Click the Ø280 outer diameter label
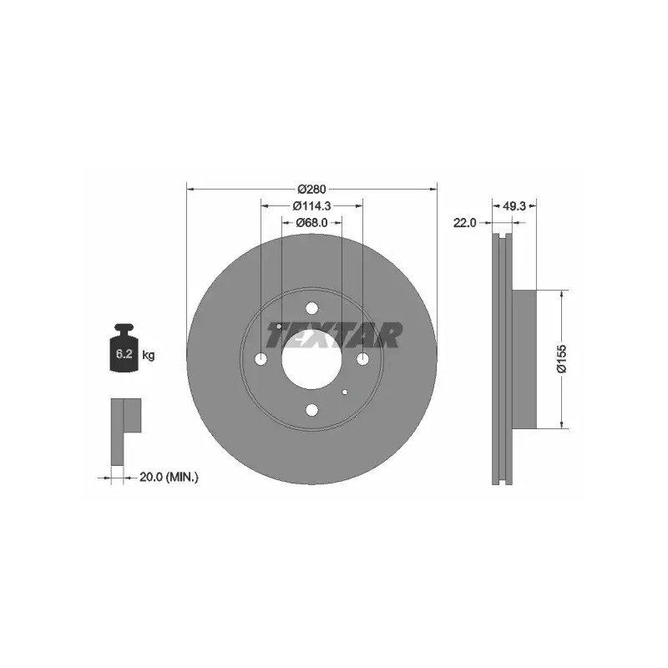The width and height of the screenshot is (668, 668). click(x=311, y=189)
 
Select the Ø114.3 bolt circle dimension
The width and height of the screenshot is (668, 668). click(x=311, y=205)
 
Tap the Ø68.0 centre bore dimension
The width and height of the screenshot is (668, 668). click(x=311, y=222)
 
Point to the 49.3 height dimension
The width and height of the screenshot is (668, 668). click(x=514, y=206)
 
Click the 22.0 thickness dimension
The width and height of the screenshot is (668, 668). click(x=465, y=222)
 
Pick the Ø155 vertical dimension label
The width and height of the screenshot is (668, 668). click(x=562, y=359)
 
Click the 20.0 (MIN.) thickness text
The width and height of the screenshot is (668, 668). click(x=170, y=477)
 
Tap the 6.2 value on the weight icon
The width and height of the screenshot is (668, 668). click(x=124, y=353)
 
